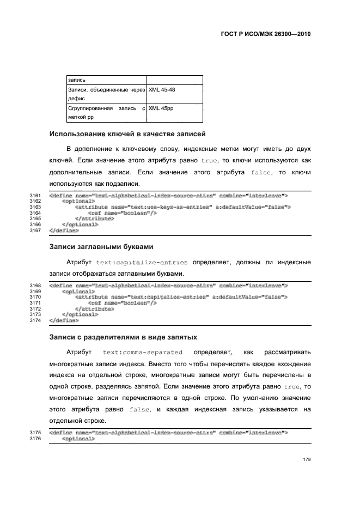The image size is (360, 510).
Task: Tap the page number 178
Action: tap(306, 460)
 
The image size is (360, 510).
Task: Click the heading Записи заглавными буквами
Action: tap(101, 246)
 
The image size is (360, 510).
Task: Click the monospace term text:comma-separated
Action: tap(143, 352)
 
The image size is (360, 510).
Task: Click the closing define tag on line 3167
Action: tap(64, 230)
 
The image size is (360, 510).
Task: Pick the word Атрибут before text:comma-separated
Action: tap(80, 352)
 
